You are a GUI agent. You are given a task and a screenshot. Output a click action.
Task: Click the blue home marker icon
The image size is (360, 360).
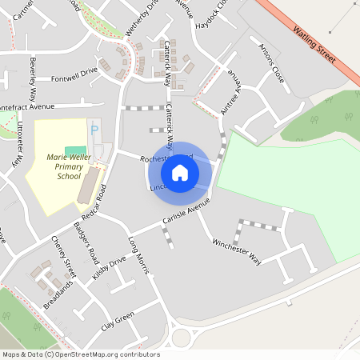pyautogui.click(x=180, y=172)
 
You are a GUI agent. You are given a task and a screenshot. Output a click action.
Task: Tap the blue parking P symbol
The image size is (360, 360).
pyautogui.click(x=94, y=130)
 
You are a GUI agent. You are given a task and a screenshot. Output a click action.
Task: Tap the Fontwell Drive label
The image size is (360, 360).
pyautogui.click(x=74, y=70)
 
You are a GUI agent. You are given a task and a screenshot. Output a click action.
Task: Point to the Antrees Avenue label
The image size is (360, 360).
pyautogui.click(x=233, y=91)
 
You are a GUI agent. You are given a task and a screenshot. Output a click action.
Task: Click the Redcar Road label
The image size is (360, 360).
pyautogui.click(x=93, y=205)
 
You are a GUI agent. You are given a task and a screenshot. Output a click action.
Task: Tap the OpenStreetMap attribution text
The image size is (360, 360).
pyautogui.click(x=81, y=354)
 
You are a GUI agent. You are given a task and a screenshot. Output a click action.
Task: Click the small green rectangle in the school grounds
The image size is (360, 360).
pyautogui.click(x=74, y=151)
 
